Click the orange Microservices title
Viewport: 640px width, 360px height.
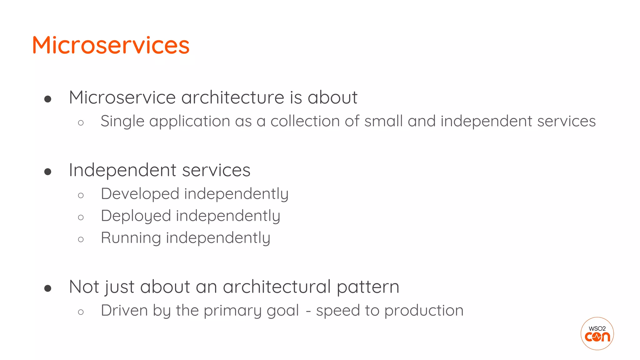(111, 45)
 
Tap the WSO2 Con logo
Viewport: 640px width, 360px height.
(597, 333)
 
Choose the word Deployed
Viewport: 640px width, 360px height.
(136, 216)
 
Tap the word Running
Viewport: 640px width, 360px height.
(131, 238)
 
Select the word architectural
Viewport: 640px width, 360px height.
(277, 287)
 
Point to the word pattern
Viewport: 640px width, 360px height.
(368, 287)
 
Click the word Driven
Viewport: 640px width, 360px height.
(124, 311)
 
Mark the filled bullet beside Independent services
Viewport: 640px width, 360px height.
(48, 172)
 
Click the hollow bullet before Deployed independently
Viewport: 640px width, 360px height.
(81, 217)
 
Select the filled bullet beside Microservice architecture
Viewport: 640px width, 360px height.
(48, 99)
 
